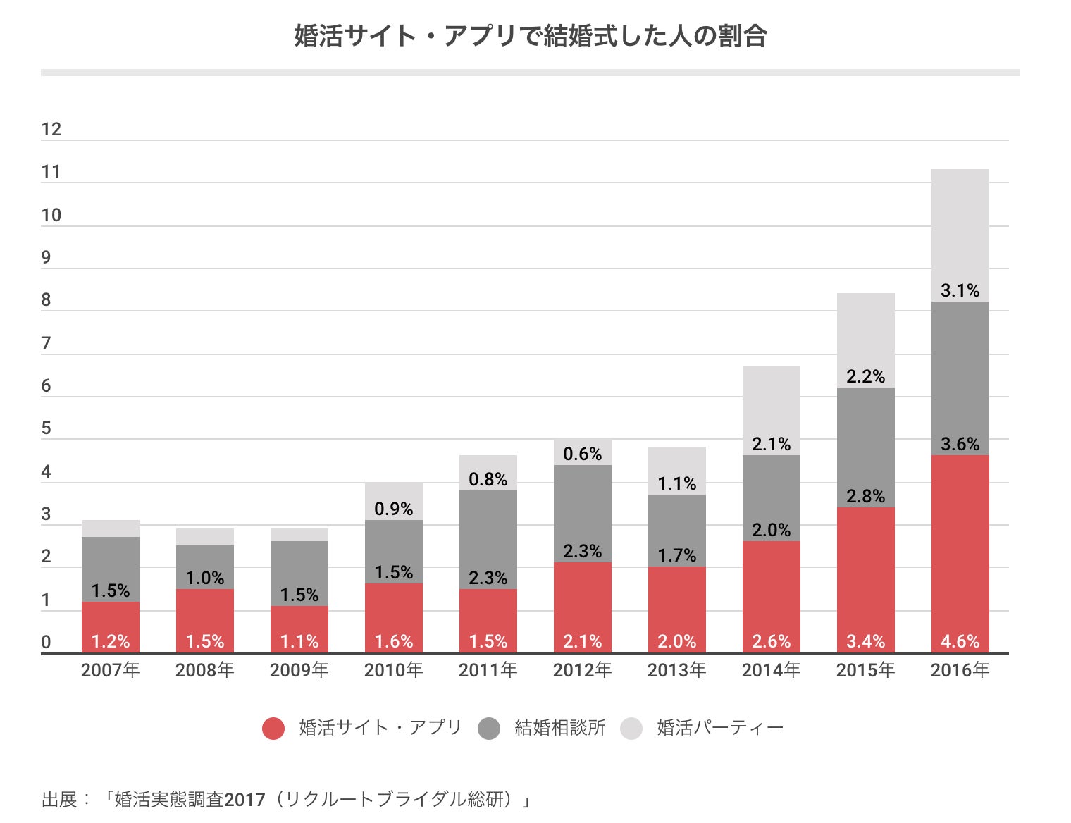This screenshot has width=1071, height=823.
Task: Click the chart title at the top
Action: (530, 36)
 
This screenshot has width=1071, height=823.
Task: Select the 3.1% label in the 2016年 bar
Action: (960, 290)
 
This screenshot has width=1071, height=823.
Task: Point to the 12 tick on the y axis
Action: (51, 129)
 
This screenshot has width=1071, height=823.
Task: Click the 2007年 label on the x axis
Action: (110, 669)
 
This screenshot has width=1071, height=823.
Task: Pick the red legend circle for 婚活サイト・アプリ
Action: (273, 728)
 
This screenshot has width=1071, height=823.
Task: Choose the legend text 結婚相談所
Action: (560, 728)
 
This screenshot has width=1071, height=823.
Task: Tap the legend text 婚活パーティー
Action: (720, 728)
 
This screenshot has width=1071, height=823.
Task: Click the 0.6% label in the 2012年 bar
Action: (582, 454)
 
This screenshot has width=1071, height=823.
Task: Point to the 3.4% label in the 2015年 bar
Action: (865, 641)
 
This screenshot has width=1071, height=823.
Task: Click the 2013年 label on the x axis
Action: (676, 669)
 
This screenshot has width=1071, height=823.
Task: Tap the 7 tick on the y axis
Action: (47, 344)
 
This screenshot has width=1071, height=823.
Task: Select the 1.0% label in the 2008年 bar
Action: (204, 578)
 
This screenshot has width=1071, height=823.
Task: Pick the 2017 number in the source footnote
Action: (244, 800)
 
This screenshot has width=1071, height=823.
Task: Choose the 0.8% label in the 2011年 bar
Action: (488, 479)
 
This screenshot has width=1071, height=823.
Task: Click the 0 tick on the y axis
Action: (47, 642)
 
